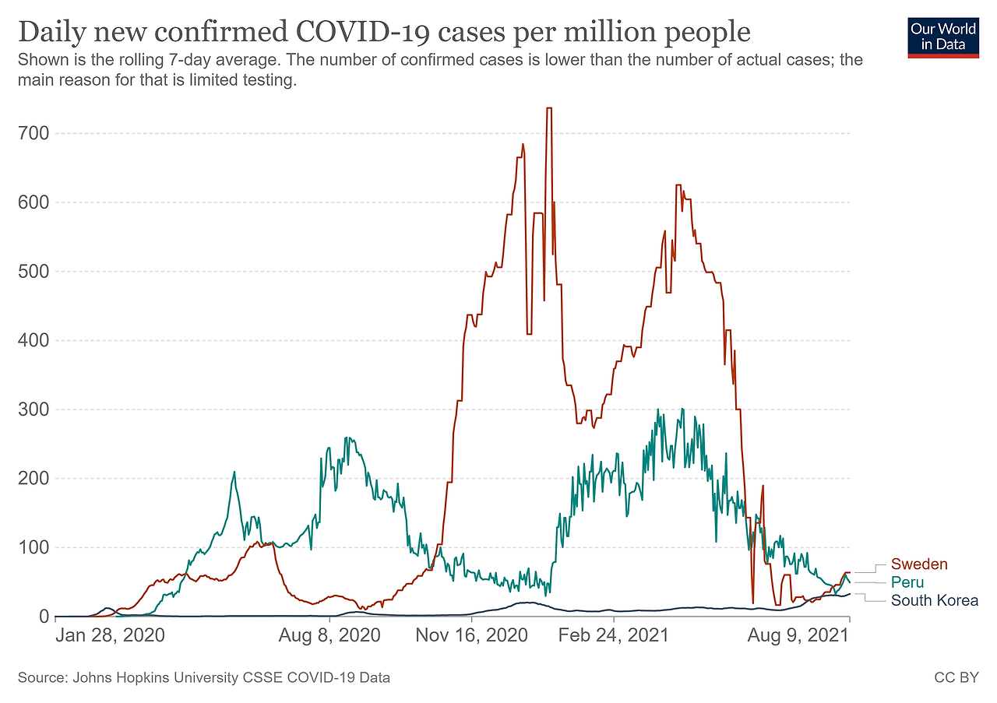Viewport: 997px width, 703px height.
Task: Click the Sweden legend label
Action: pos(919,564)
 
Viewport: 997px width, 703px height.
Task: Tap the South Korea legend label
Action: pos(934,600)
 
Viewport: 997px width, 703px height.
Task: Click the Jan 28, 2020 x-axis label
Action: pos(110,635)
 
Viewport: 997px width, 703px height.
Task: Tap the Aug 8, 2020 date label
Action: pos(330,635)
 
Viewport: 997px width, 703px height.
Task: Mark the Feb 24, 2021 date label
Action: pos(613,635)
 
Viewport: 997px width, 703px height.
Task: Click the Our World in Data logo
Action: pos(942,36)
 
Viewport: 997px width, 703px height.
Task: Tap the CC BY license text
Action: pos(956,678)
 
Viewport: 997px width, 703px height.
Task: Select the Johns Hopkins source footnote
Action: pos(203,678)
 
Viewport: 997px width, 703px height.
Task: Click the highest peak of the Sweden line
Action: pos(549,108)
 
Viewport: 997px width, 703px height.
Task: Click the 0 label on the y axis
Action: pos(44,617)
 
